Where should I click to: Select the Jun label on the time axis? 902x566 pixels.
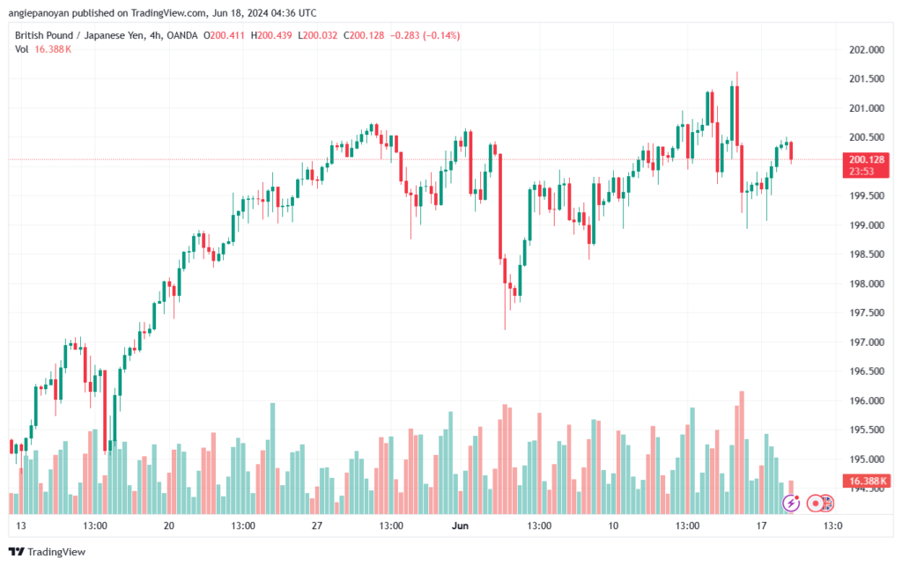click(x=460, y=526)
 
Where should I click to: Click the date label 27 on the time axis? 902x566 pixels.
click(x=317, y=526)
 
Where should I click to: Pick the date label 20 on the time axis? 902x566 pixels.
click(x=169, y=526)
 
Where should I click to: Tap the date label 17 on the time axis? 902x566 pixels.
click(x=760, y=526)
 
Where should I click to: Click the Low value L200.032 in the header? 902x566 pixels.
click(x=321, y=35)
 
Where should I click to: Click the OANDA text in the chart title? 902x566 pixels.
click(x=180, y=35)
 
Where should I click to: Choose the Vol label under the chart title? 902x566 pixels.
click(x=21, y=49)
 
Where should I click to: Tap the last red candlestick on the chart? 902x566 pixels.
click(x=791, y=151)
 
